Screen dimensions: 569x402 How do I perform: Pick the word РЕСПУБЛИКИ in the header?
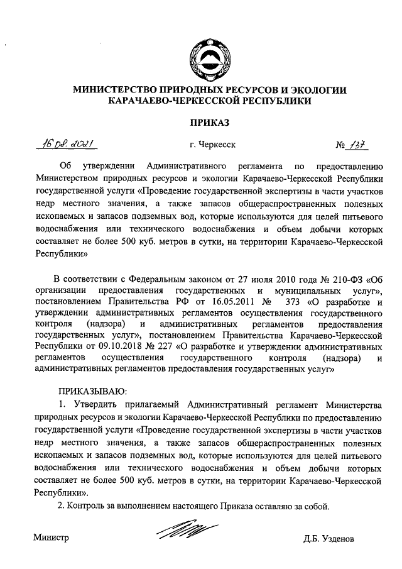[271, 100]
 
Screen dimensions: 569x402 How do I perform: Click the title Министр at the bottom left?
[52, 539]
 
